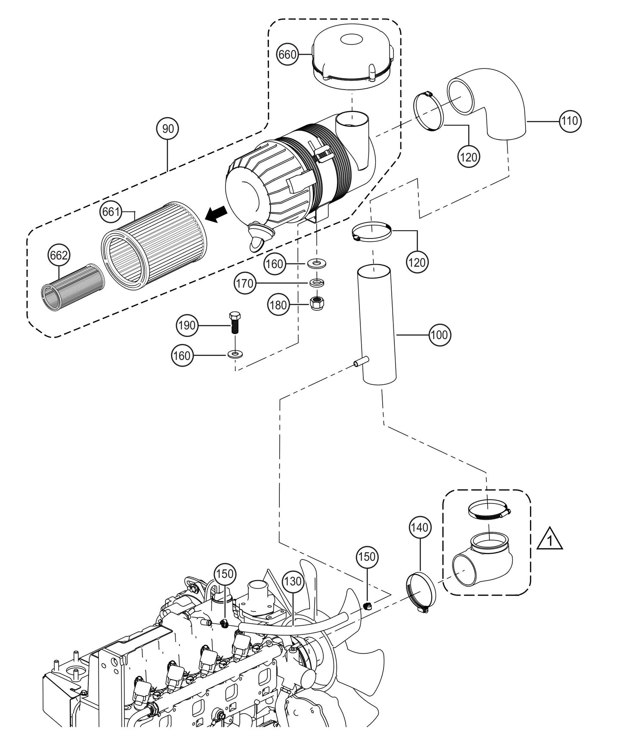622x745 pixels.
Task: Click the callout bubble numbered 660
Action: pos(288,54)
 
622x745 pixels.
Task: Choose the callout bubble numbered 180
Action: pos(278,305)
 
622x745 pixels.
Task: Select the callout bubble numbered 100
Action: pos(439,334)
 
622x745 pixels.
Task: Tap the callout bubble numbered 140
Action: pos(420,527)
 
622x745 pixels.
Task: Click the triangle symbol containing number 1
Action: pos(550,540)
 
